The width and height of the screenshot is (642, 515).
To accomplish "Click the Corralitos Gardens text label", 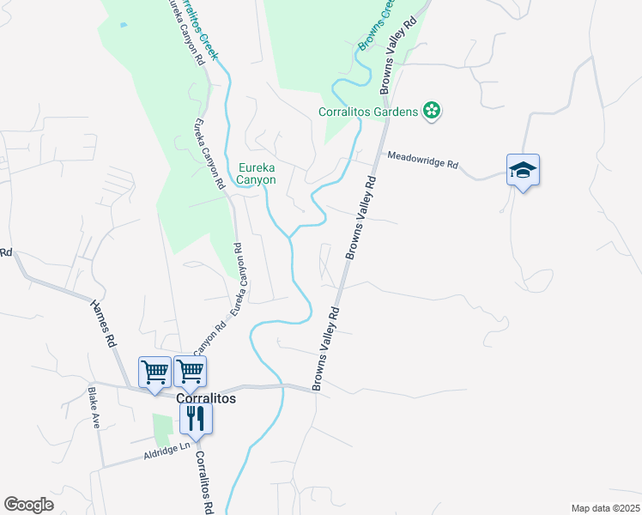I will [x=367, y=111].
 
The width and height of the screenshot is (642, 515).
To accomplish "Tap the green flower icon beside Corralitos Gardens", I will [x=433, y=111].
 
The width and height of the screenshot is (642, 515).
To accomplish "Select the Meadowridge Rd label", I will [x=422, y=160].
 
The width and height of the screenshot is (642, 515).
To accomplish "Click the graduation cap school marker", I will [x=522, y=170].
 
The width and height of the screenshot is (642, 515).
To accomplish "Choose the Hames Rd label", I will [x=101, y=322].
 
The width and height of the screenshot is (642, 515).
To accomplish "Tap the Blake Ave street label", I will [x=94, y=407].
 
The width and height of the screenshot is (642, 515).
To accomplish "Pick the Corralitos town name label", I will [x=205, y=399].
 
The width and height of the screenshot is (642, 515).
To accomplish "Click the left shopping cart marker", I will [x=154, y=373].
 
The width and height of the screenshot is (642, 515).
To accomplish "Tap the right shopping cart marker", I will [x=190, y=373].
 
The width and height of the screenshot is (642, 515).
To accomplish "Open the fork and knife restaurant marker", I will [x=196, y=419].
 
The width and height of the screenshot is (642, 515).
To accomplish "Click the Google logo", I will [x=28, y=504].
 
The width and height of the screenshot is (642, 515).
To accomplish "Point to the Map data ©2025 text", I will [x=604, y=508].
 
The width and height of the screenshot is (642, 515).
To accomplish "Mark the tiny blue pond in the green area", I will [x=124, y=25].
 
